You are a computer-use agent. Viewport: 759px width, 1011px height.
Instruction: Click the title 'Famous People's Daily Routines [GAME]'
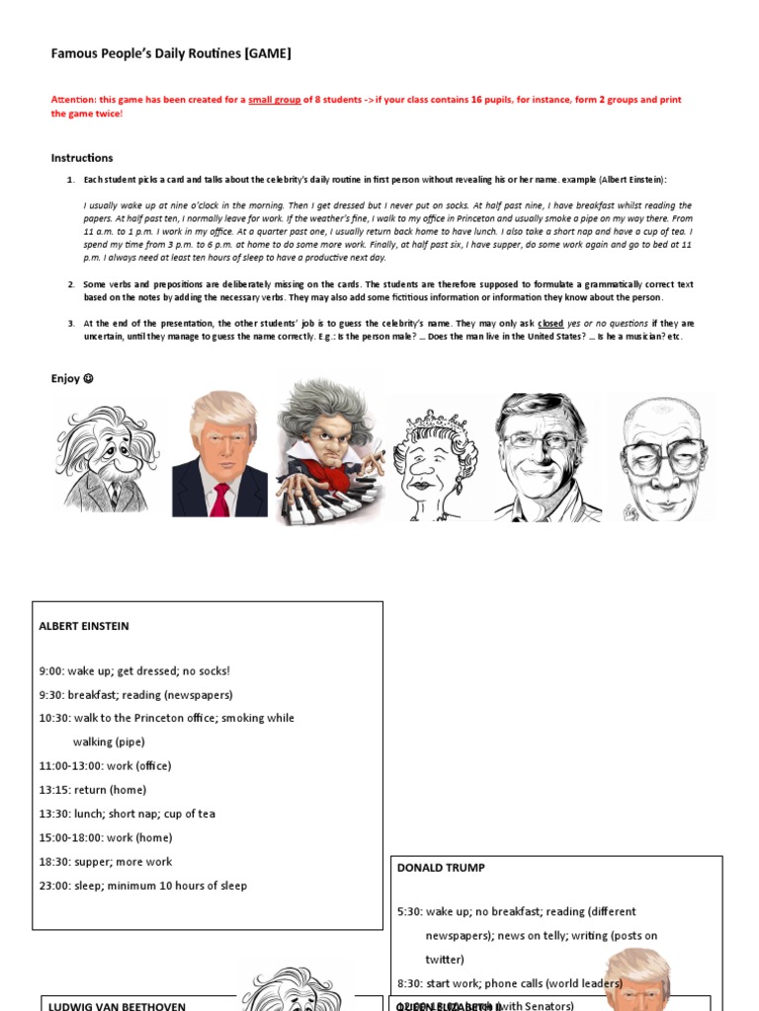pos(171,54)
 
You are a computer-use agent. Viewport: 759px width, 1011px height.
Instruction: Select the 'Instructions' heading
pos(82,158)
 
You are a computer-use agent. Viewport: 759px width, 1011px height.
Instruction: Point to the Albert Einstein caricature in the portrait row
pos(108,459)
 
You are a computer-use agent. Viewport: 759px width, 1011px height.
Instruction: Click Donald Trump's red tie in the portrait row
pos(220,499)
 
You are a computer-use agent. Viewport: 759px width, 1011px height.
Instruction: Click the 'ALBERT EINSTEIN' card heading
pos(84,626)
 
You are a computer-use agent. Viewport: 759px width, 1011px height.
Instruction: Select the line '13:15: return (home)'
pos(93,790)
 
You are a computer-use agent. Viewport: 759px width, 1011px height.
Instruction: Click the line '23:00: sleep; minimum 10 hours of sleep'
pos(143,886)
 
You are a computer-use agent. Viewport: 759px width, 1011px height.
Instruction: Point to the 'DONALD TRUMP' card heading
pos(441,868)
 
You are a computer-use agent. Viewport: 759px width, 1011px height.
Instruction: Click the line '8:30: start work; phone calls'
pos(509,983)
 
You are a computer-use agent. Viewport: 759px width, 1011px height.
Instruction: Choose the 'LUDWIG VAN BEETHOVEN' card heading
pos(117,1005)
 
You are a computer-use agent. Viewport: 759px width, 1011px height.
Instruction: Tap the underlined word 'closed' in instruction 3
pos(550,324)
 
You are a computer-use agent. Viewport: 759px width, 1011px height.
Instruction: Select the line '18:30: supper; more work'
pos(106,862)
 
